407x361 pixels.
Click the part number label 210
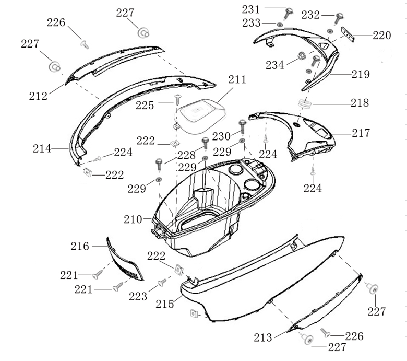coord(133,219)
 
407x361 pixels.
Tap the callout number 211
coord(237,80)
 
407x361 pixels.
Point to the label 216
coord(80,246)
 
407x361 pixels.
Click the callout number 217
coord(361,133)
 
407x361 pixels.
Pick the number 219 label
coord(361,75)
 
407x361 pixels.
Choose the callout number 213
coord(262,337)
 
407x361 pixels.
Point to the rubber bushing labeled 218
coord(305,104)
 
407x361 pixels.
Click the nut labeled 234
coord(301,57)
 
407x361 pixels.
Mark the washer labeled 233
coord(280,25)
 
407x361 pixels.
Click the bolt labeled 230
coord(243,125)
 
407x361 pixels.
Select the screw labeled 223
coord(162,282)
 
